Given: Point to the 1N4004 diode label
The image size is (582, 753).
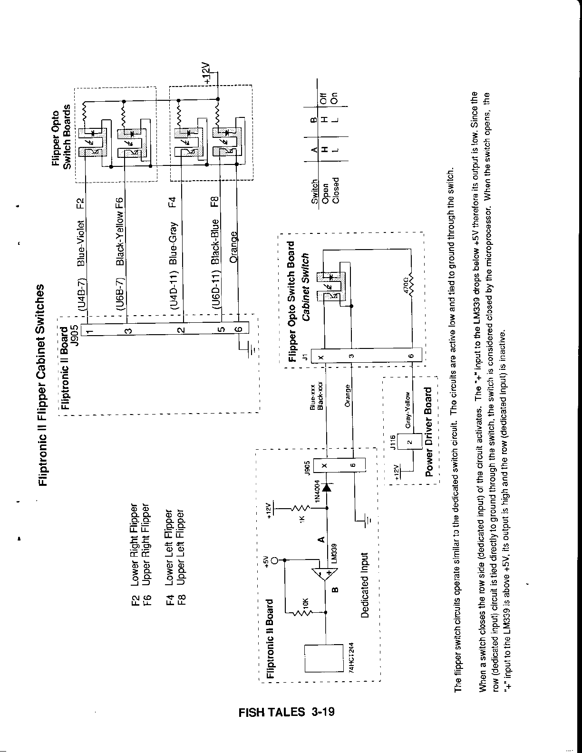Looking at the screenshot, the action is tap(318, 492).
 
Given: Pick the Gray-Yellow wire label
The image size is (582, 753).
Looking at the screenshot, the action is tap(407, 410).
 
